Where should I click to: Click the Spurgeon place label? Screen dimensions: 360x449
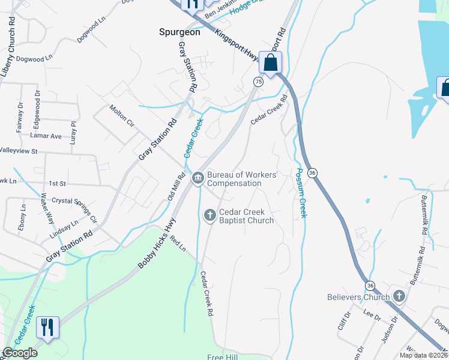pyautogui.click(x=179, y=32)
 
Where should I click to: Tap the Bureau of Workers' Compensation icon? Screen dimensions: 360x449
pyautogui.click(x=197, y=178)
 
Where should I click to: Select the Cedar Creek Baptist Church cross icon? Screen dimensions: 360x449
pyautogui.click(x=209, y=215)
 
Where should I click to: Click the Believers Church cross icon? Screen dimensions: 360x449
pyautogui.click(x=399, y=296)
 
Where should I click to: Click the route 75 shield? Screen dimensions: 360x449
pyautogui.click(x=258, y=82)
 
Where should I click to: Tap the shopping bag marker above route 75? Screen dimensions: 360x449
pyautogui.click(x=271, y=63)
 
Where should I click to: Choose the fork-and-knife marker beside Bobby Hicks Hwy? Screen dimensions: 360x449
pyautogui.click(x=47, y=328)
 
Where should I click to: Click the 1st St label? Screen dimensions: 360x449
pyautogui.click(x=57, y=183)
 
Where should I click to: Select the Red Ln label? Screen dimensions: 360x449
pyautogui.click(x=178, y=243)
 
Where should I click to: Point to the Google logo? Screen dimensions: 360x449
pyautogui.click(x=20, y=353)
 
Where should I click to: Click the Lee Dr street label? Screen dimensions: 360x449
pyautogui.click(x=370, y=313)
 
